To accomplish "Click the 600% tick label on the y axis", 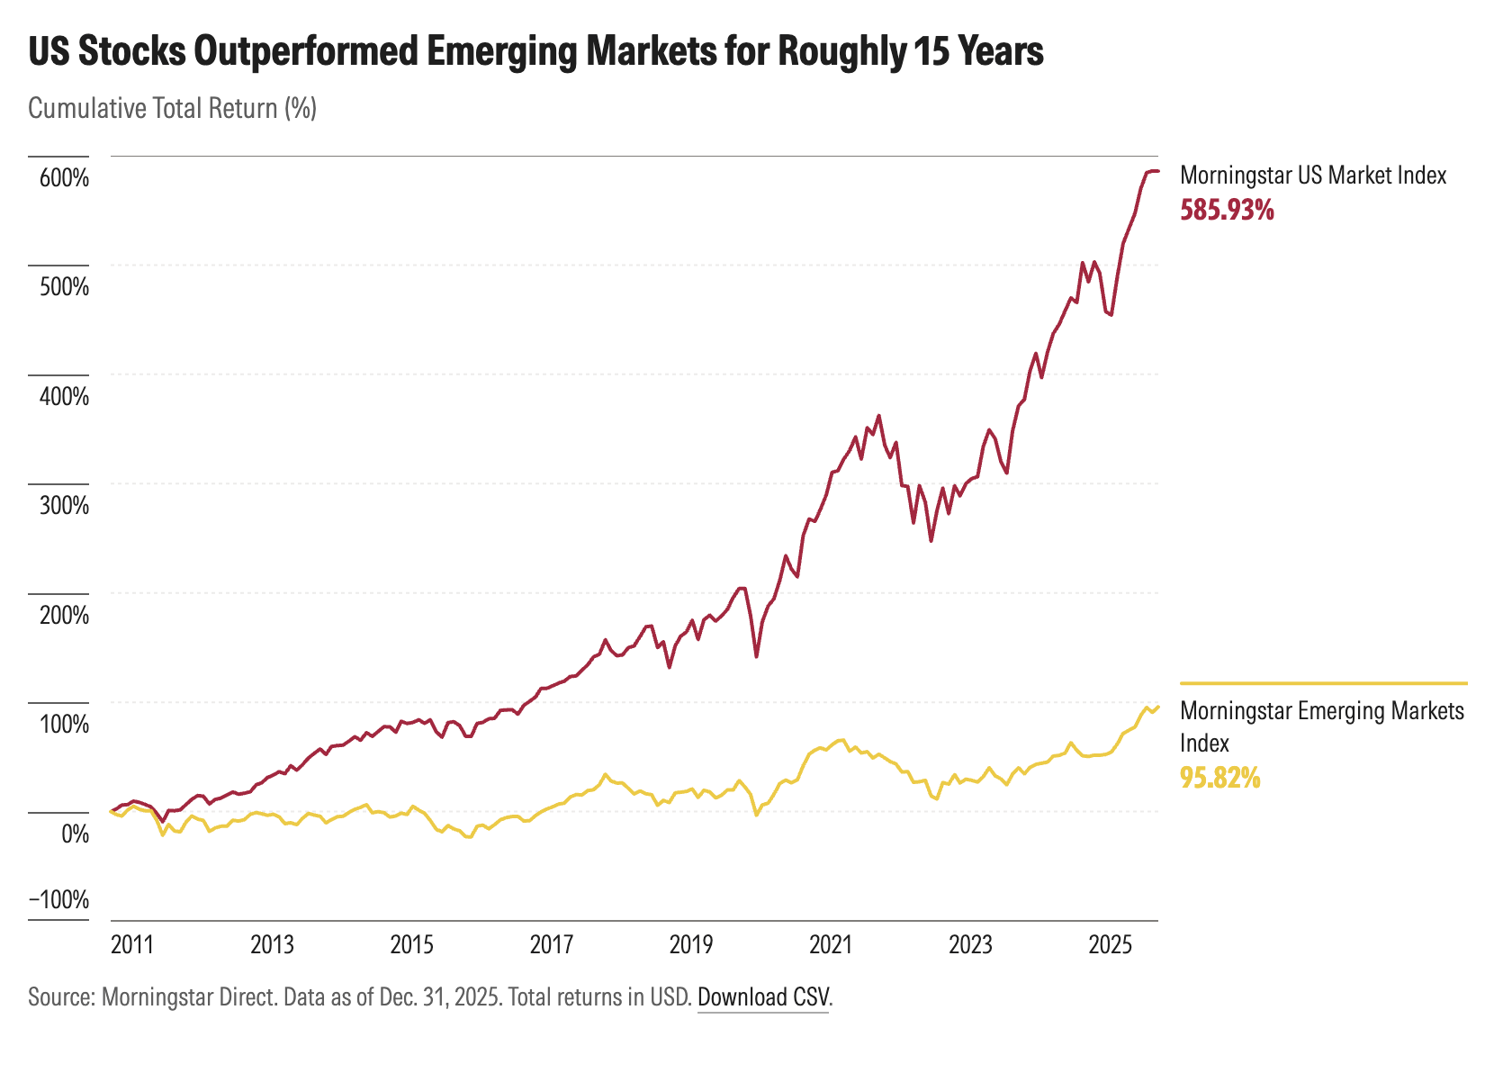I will point(63,177).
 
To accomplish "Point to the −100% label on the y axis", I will point(59,899).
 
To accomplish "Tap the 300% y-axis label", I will point(63,505).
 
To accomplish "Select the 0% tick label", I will point(75,834).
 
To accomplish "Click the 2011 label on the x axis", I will point(132,944).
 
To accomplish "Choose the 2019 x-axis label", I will point(691,944).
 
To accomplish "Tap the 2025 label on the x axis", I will point(1111,944).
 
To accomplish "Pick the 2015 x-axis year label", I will point(412,944).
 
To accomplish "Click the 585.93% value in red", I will point(1227,211).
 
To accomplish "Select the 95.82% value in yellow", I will point(1219,777).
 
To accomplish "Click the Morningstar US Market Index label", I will point(1312,175).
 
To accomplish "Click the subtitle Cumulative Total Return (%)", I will point(173,109).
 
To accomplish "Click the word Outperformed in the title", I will point(304,52).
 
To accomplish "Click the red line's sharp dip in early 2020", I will point(757,656).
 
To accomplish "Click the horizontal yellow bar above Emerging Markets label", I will point(1323,683).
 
